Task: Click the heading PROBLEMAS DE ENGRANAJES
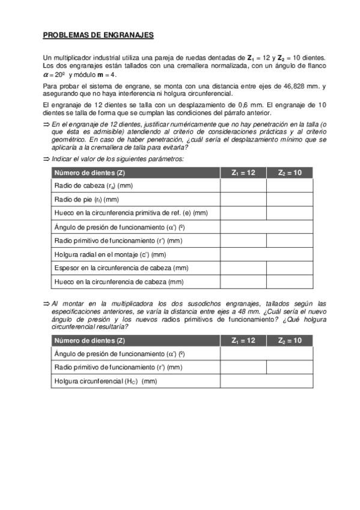(98, 35)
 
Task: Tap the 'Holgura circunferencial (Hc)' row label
(105, 381)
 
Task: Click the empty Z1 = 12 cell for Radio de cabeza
(243, 186)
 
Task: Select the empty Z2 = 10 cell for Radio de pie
(289, 200)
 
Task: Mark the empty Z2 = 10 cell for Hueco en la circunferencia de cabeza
(289, 282)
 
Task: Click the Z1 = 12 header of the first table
(243, 173)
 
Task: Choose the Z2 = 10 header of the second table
(289, 340)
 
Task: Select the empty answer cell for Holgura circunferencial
(266, 381)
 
